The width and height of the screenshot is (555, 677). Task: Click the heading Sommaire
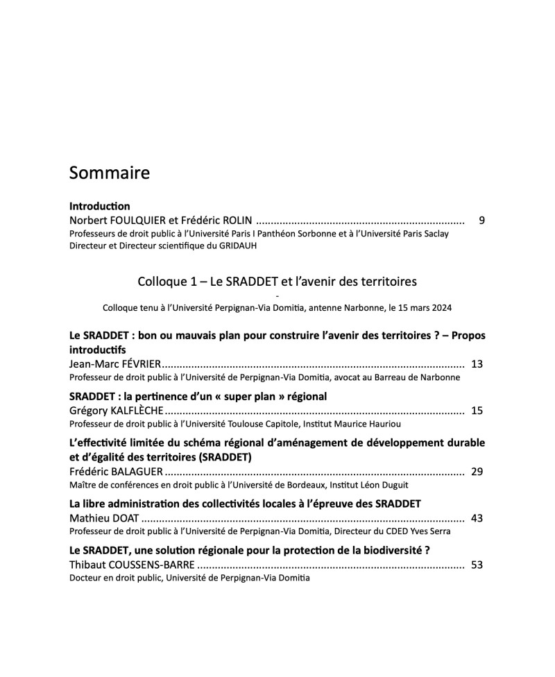109,173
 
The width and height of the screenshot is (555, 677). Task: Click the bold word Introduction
100,206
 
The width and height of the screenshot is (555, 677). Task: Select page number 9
481,221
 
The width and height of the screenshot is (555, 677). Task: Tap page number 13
477,363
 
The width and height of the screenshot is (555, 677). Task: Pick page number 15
477,411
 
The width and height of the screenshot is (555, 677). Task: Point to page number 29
477,472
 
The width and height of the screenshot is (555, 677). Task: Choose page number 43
477,517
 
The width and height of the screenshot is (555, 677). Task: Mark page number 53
477,565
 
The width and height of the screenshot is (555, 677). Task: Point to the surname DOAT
123,517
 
